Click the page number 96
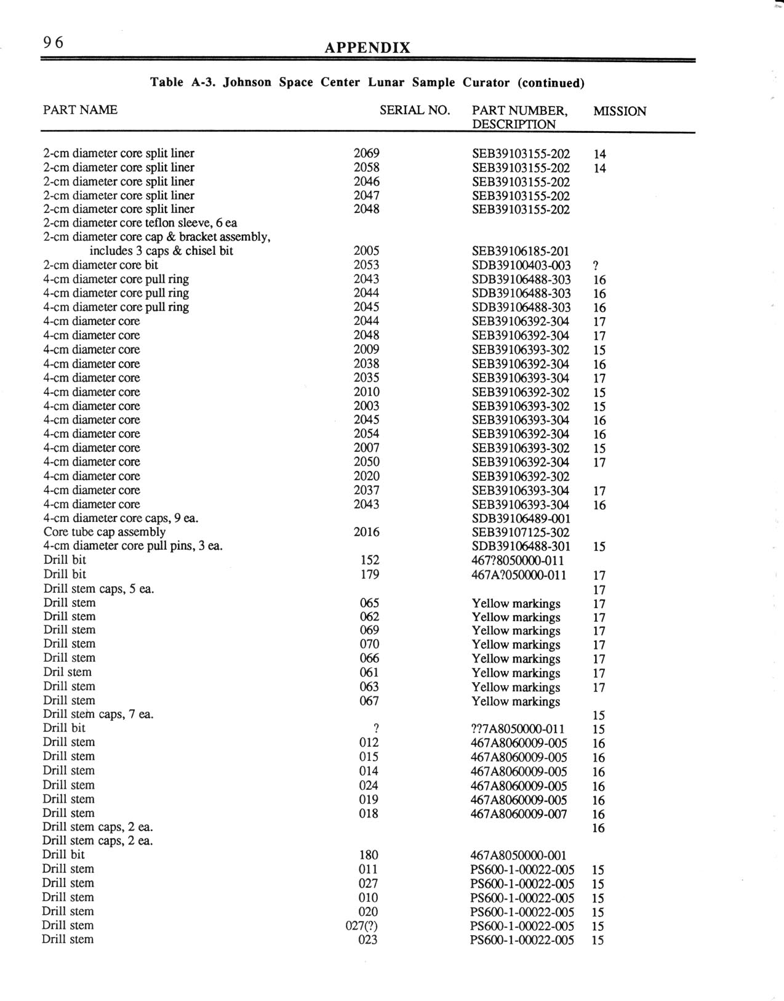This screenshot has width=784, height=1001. (53, 42)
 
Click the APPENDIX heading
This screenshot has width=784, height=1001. (367, 48)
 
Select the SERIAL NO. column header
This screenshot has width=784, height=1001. (415, 110)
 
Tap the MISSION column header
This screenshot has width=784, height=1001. (619, 111)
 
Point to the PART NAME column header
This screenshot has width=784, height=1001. (80, 110)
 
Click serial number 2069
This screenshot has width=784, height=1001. (367, 153)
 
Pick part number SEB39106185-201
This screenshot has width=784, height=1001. (521, 251)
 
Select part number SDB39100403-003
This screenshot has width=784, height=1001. (521, 265)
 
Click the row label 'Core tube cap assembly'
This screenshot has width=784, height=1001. (105, 532)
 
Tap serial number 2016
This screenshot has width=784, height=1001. (367, 532)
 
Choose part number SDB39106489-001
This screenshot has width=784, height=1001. (521, 518)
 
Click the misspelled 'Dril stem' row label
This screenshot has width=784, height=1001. (68, 672)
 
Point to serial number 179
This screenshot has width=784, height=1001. (369, 574)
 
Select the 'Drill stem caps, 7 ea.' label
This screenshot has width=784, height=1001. (98, 714)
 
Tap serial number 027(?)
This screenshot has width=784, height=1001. (362, 925)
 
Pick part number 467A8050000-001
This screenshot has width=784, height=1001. (519, 855)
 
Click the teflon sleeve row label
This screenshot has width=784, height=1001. (140, 223)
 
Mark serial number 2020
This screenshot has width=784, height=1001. (367, 476)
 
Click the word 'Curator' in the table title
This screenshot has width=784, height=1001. (486, 82)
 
